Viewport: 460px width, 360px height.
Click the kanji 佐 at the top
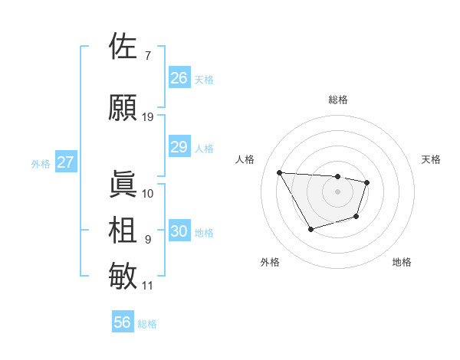[123, 47]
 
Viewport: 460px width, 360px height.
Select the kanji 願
[123, 107]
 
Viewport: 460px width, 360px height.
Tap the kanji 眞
[123, 184]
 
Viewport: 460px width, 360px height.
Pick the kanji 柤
[123, 230]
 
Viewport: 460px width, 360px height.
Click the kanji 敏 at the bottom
[123, 276]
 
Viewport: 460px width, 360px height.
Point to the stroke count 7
[147, 56]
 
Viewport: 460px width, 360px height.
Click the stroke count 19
[148, 117]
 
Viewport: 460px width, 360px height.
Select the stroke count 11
[148, 286]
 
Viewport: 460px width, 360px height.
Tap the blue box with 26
[179, 78]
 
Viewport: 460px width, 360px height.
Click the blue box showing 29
[179, 147]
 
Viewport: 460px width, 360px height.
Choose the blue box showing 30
[179, 231]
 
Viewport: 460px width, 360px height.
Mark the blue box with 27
[66, 162]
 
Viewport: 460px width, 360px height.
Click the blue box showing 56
[123, 322]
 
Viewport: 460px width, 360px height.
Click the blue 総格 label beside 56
[148, 324]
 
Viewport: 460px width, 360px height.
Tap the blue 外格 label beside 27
[41, 163]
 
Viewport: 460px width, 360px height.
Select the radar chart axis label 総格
[338, 100]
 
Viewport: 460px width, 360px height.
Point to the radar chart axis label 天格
[432, 159]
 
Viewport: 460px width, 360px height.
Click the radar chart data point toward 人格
[280, 172]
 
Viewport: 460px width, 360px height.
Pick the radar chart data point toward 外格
[310, 229]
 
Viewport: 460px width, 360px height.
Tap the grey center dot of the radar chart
[338, 191]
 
